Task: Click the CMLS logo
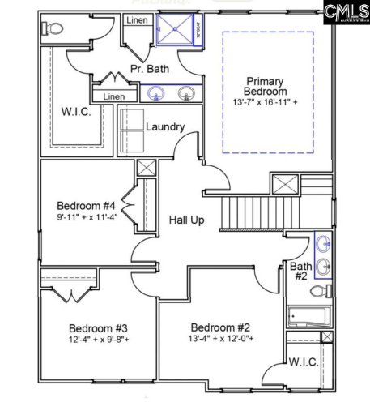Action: (344, 11)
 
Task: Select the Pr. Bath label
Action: (151, 69)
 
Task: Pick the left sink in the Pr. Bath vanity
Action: (155, 93)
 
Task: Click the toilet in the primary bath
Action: (53, 29)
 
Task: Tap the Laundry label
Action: (165, 127)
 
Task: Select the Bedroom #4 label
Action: (87, 205)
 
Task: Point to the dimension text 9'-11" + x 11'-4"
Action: (87, 217)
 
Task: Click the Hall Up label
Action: (185, 220)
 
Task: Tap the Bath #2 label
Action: (300, 271)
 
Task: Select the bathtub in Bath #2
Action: (308, 316)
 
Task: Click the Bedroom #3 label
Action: (98, 328)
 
